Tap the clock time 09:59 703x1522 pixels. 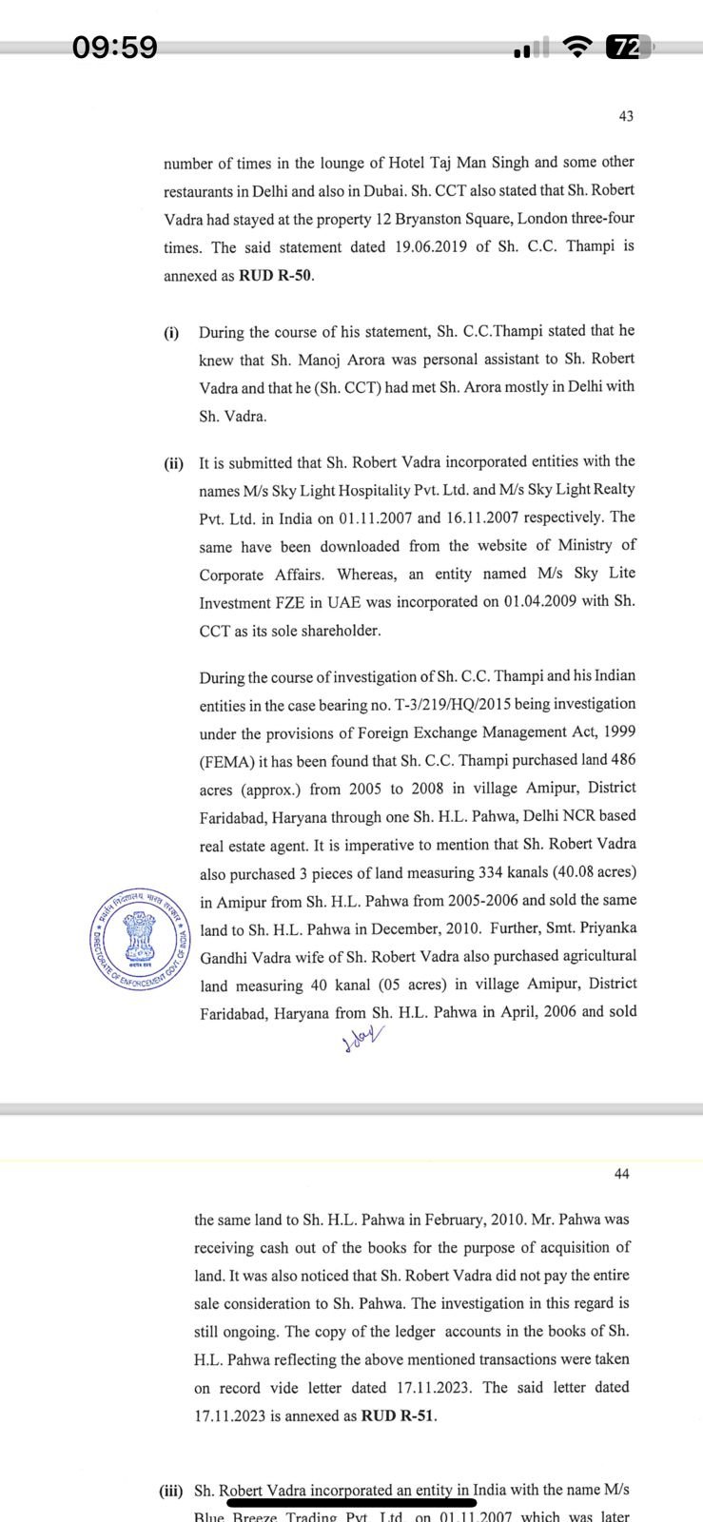tap(115, 47)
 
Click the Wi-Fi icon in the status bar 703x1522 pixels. tap(576, 47)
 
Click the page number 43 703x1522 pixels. tap(625, 116)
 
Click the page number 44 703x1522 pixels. tap(621, 1174)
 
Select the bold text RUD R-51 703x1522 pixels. tap(398, 1415)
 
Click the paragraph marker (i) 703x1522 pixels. tap(171, 332)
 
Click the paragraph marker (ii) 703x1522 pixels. tap(173, 463)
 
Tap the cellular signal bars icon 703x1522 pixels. tap(532, 48)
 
